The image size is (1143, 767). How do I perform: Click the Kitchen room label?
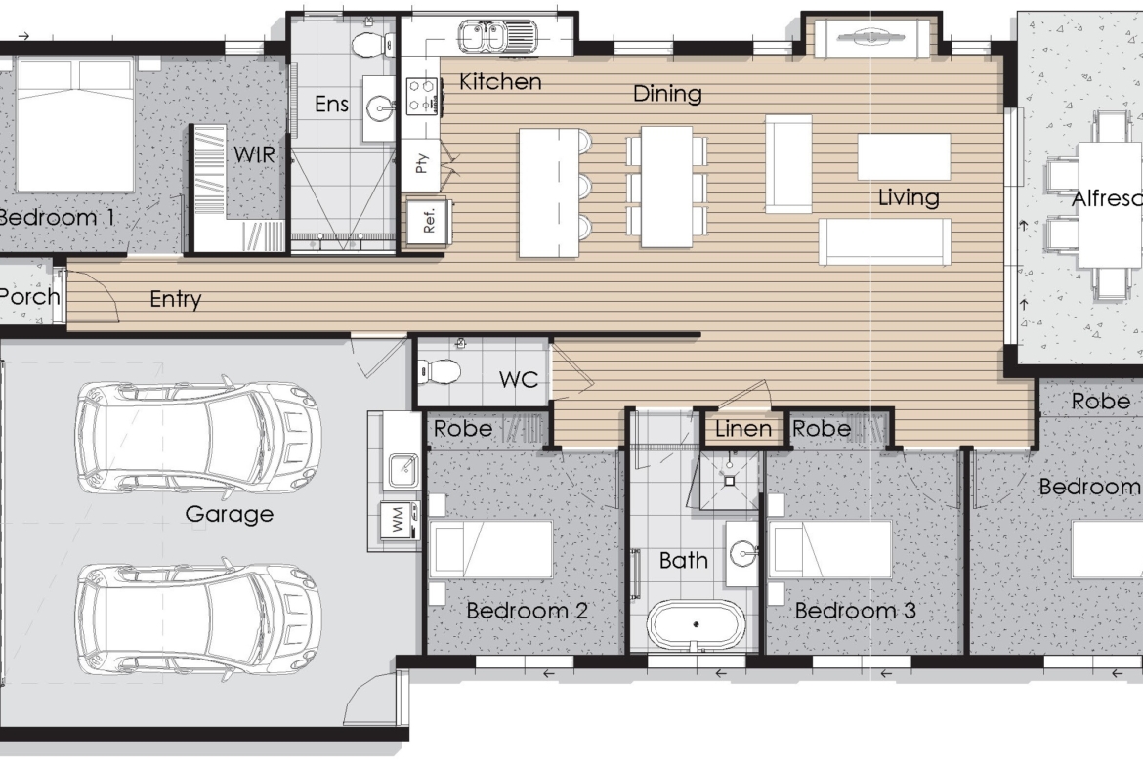(500, 82)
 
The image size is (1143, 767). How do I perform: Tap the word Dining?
(667, 94)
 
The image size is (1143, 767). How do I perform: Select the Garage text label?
(229, 514)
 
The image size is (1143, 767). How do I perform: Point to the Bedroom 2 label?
(527, 611)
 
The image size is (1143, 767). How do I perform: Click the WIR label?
(254, 154)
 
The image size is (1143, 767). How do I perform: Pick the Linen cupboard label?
(742, 429)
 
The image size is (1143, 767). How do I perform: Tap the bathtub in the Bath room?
(696, 624)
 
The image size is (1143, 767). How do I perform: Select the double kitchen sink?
(498, 36)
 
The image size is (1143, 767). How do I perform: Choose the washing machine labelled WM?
(399, 521)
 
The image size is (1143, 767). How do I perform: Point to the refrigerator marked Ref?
(428, 220)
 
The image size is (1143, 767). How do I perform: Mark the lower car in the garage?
(196, 618)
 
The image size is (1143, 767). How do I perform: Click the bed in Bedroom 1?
(75, 125)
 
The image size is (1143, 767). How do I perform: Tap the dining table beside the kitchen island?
(666, 187)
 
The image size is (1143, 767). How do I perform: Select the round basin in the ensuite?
(380, 108)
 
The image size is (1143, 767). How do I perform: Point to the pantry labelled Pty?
(421, 163)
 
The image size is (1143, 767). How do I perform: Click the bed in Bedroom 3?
(830, 549)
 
